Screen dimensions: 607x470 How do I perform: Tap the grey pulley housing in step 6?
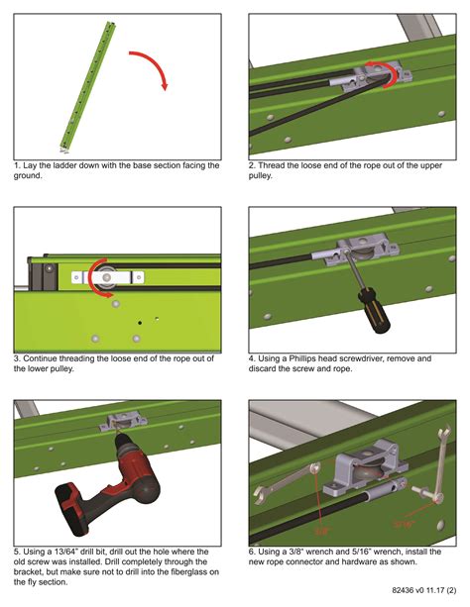352,466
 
